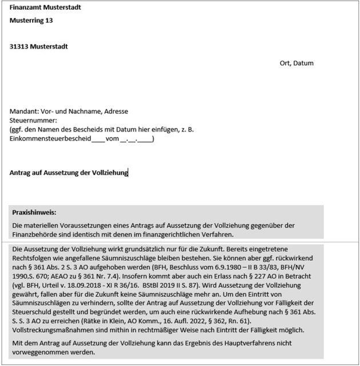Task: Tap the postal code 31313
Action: pos(21,46)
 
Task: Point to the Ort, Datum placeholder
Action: pos(297,63)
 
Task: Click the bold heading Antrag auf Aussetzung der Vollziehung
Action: pos(69,173)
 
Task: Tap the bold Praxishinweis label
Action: pos(34,212)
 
